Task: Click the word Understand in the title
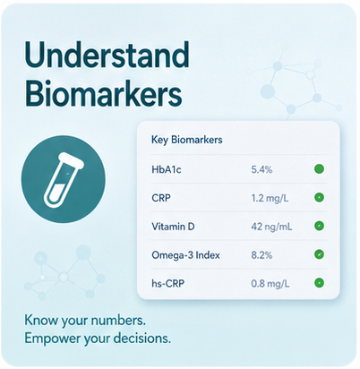point(107,55)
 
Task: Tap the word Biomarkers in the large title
point(103,94)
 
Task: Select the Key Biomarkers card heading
point(187,140)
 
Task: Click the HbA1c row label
point(167,169)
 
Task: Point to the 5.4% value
point(261,169)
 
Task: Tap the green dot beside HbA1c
point(319,169)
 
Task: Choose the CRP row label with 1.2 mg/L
point(161,198)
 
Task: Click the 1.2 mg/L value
point(270,198)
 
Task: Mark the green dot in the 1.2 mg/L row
point(319,197)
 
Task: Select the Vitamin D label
point(173,227)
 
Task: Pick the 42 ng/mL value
point(271,227)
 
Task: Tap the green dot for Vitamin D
point(319,226)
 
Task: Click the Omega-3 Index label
point(185,255)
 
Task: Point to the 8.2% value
point(261,255)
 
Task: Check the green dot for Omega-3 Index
point(319,254)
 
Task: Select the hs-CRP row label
point(167,283)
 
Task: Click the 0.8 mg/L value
point(270,283)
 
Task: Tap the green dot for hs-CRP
point(319,283)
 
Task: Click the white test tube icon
point(63,180)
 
